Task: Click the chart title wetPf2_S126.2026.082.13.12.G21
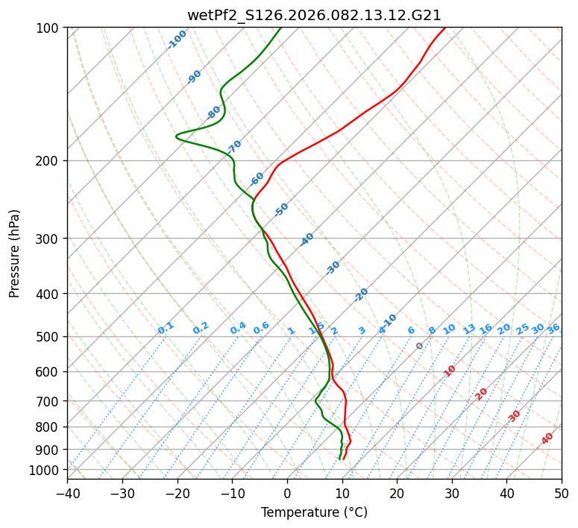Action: [x=314, y=15]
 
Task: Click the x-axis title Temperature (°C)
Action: [x=314, y=512]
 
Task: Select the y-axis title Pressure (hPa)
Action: [x=15, y=254]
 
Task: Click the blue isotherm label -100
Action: [x=177, y=40]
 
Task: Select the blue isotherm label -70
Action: [x=235, y=146]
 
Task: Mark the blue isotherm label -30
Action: [x=333, y=267]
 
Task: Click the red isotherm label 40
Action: [x=547, y=439]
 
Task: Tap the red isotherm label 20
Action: [x=482, y=393]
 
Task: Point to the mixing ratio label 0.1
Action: [x=166, y=328]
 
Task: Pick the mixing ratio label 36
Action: [x=553, y=328]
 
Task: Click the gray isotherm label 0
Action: [x=420, y=346]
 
